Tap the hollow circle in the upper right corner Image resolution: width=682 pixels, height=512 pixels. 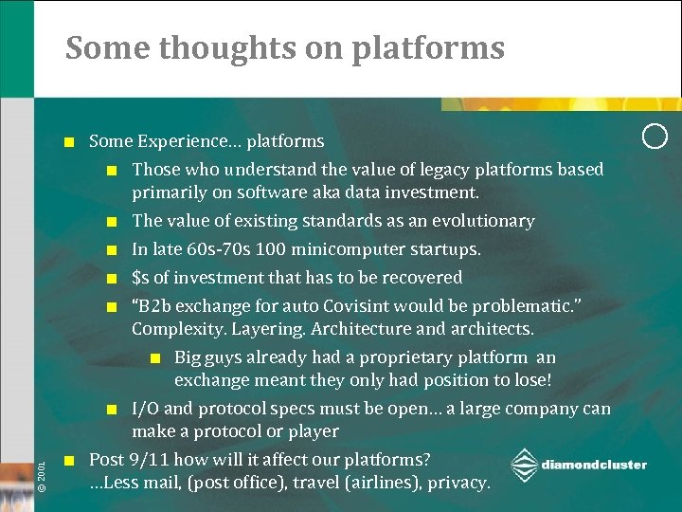click(655, 136)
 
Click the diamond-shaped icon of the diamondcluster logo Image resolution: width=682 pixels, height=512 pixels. click(524, 466)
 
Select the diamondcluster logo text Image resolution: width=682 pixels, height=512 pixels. click(594, 465)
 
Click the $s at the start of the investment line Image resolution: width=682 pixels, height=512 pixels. click(141, 278)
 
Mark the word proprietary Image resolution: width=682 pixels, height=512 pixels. click(413, 357)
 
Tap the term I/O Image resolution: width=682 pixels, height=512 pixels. click(144, 409)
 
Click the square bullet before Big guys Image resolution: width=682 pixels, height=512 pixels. click(155, 358)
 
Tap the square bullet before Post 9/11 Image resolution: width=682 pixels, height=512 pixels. click(68, 461)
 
